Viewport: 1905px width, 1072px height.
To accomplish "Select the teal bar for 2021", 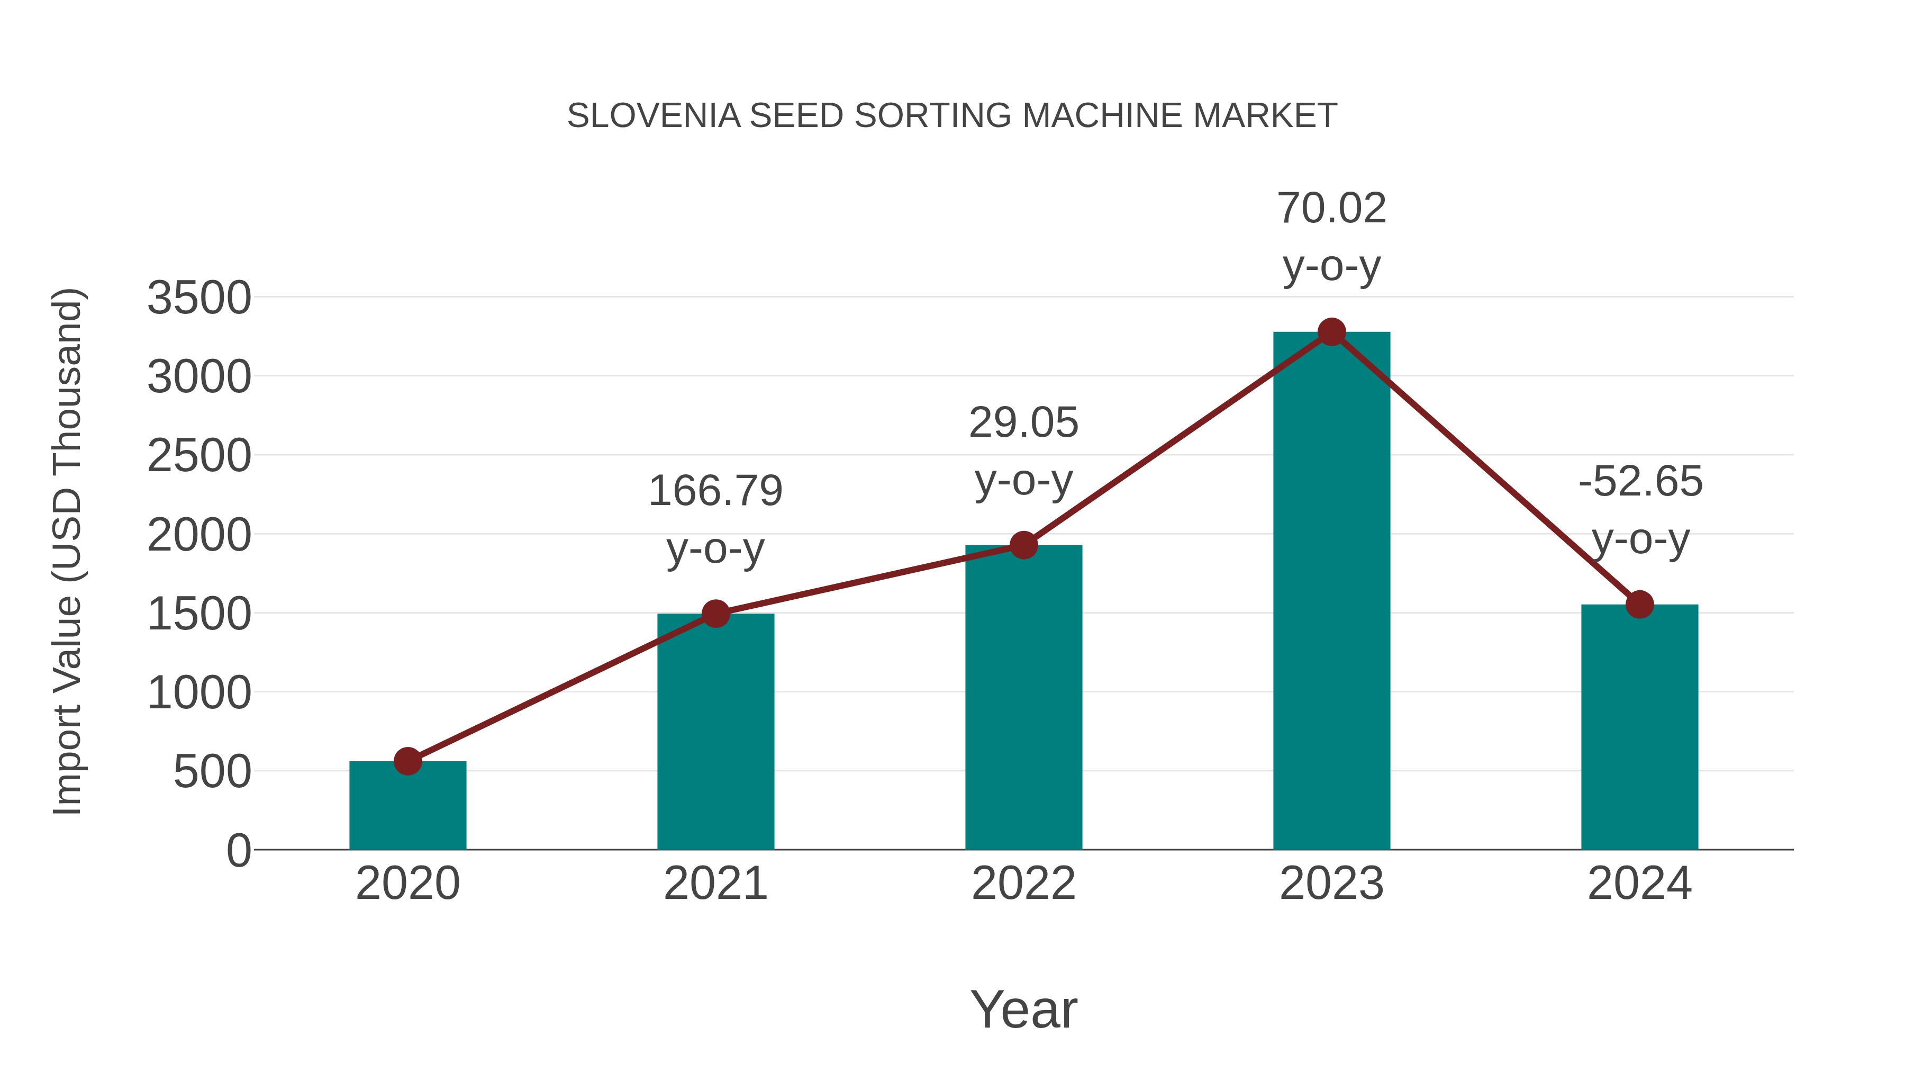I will click(715, 733).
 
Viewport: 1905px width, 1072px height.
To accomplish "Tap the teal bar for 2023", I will click(1331, 592).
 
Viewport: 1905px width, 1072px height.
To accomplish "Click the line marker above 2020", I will click(407, 761).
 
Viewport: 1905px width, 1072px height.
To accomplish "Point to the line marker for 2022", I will click(1023, 546).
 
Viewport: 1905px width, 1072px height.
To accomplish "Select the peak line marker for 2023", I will click(1331, 332).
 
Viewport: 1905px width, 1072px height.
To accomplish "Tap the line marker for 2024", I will click(1639, 605).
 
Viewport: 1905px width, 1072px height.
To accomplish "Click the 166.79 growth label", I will click(715, 491).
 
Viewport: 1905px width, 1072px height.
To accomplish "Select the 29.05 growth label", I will click(1023, 423).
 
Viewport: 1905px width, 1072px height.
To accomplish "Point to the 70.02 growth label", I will click(1331, 209).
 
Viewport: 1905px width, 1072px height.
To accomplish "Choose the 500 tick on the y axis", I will click(212, 772).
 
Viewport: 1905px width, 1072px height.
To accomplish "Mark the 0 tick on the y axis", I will click(238, 851).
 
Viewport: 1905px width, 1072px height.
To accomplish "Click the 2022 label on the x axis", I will click(1023, 884).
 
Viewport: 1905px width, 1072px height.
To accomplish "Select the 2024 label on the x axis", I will click(1639, 884).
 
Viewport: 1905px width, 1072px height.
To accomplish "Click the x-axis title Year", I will click(1023, 1009).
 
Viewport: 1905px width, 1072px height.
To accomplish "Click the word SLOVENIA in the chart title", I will click(654, 116).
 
